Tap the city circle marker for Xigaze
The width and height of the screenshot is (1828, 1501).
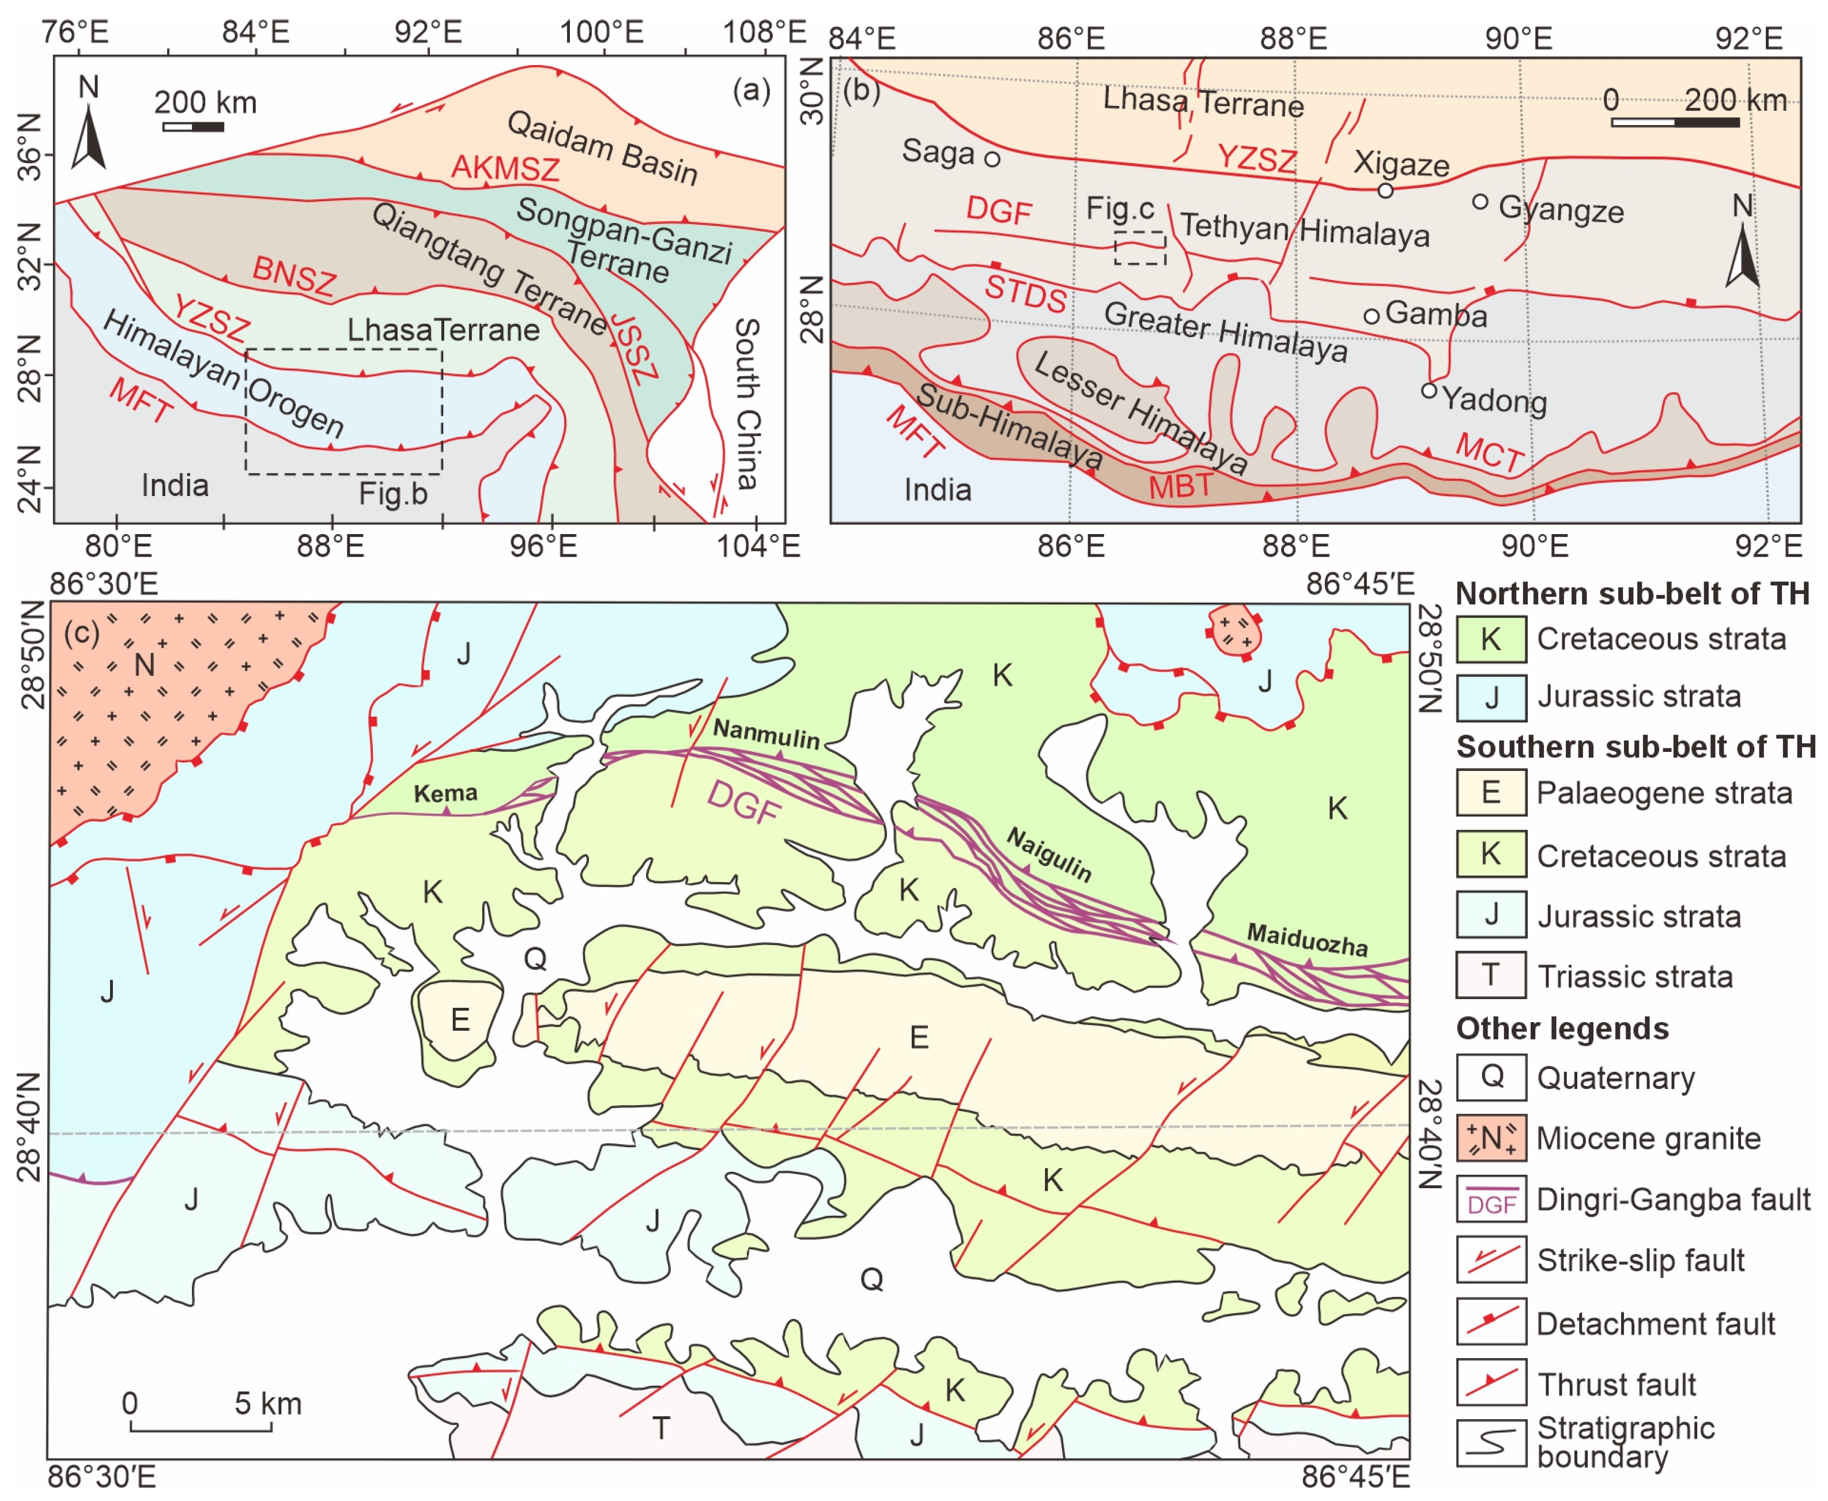point(1385,190)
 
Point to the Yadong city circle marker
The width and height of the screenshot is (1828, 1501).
point(1429,391)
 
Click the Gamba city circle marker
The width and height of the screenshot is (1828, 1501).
point(1372,316)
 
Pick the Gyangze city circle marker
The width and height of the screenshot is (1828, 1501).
point(1480,202)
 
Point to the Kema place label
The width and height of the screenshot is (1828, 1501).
point(445,793)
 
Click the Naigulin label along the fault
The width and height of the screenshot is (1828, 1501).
point(1049,853)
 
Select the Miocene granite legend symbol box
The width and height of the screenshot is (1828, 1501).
point(1491,1138)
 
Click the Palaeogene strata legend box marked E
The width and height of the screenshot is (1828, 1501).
point(1491,792)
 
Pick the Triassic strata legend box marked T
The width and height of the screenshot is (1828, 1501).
point(1491,976)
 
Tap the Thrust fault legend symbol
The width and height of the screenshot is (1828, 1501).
point(1491,1383)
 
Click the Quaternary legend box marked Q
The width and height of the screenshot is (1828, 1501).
point(1491,1077)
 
